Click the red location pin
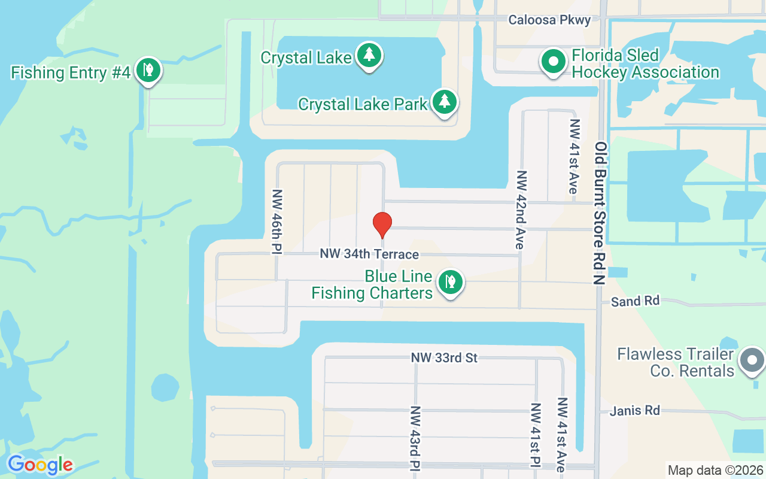point(382,225)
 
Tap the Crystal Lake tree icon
point(370,56)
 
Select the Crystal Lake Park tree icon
point(444,102)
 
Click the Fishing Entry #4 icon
point(148,70)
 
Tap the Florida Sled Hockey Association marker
point(554,62)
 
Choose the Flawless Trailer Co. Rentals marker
point(752,361)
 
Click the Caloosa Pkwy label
point(549,20)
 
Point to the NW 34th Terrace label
point(369,254)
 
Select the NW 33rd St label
point(444,358)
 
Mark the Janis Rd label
point(634,411)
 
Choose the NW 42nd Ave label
point(521,210)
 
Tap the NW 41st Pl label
point(536,435)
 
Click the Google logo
point(40,464)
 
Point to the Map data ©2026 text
point(715,471)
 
